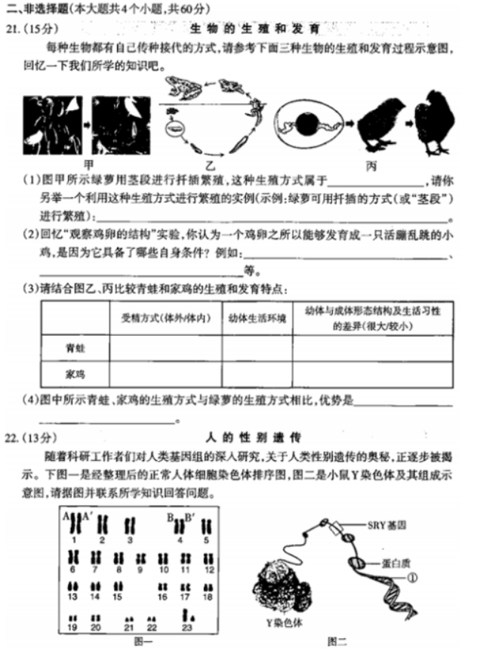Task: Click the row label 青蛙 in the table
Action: [75, 348]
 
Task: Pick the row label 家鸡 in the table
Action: [75, 374]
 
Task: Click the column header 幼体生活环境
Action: [257, 318]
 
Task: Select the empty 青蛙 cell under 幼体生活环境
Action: [257, 348]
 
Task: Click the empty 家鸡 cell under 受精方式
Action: [165, 374]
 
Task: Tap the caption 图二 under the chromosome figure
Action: [337, 640]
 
